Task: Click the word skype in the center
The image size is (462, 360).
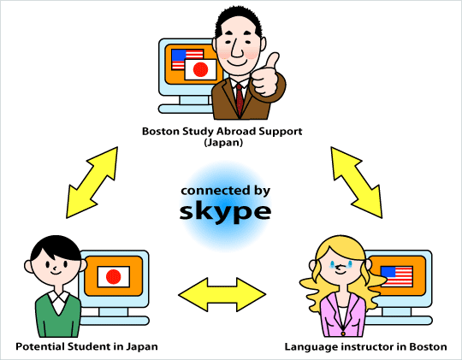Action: [x=225, y=211]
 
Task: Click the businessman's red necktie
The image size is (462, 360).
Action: [x=240, y=99]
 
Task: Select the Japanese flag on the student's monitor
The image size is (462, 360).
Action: [x=114, y=277]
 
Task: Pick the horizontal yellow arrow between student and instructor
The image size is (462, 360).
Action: [x=222, y=294]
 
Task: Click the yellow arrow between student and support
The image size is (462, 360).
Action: [x=92, y=183]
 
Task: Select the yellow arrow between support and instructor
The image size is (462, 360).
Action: [x=357, y=183]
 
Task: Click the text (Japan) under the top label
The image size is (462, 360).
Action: [x=223, y=143]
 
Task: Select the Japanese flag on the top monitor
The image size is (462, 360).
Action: [x=201, y=69]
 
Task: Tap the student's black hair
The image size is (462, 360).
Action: [x=56, y=247]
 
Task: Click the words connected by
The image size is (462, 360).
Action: [x=225, y=191]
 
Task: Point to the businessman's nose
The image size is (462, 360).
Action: [x=237, y=50]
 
